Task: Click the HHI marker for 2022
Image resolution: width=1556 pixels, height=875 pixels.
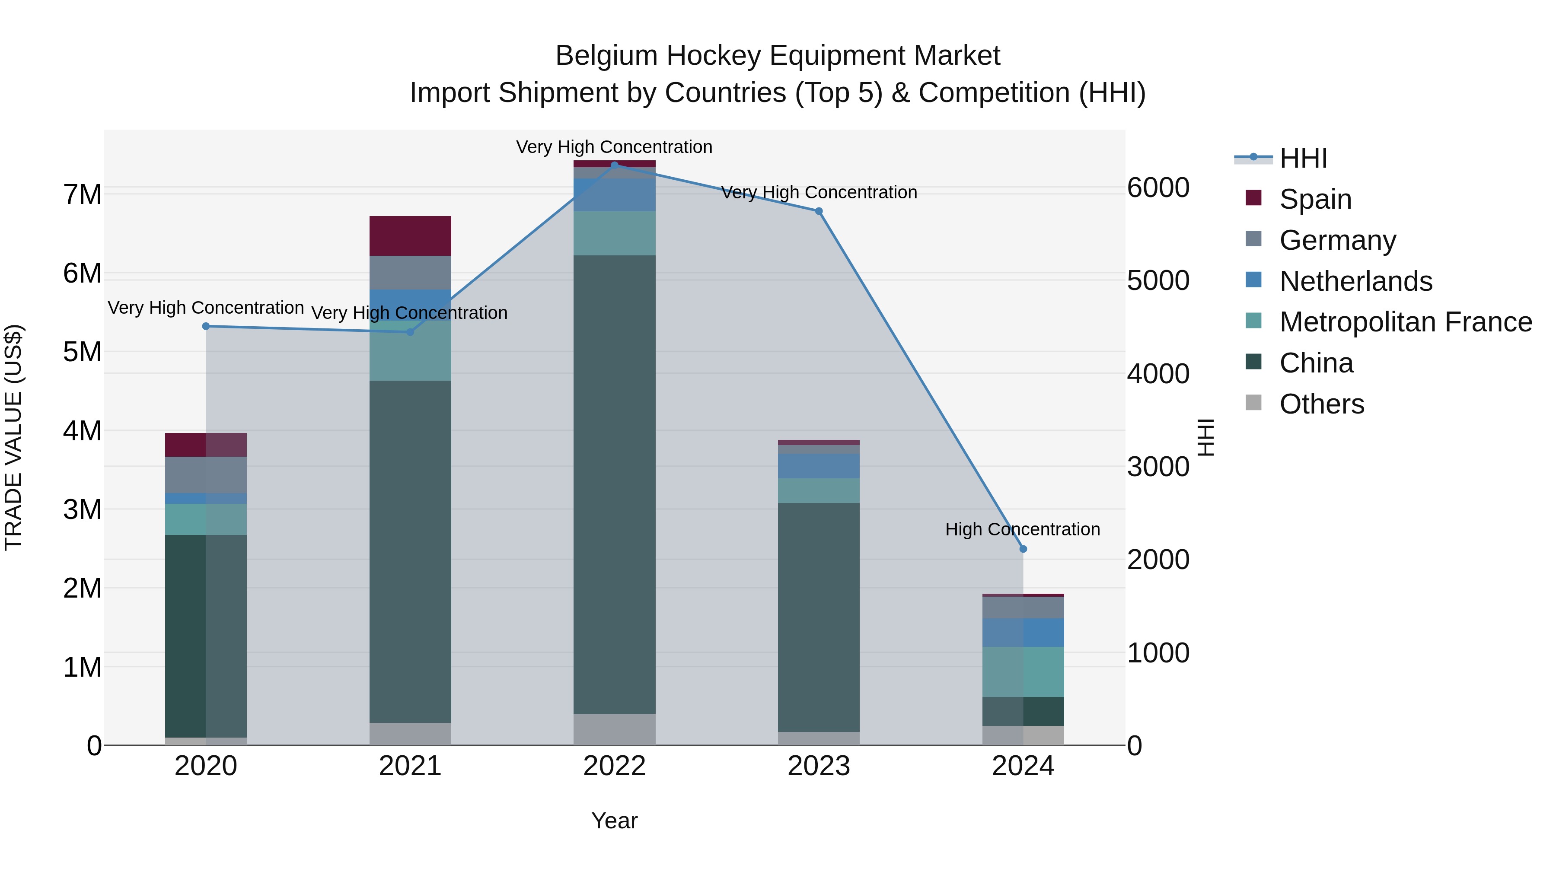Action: tap(614, 165)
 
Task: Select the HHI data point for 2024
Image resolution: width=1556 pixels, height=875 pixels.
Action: tap(1023, 549)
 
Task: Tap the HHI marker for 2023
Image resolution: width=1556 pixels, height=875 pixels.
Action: tap(819, 211)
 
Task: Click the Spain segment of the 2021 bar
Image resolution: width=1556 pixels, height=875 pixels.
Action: tap(410, 236)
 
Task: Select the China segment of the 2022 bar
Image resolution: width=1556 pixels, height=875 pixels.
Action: tap(614, 484)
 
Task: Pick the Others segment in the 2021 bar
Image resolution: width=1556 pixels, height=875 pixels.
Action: tap(410, 734)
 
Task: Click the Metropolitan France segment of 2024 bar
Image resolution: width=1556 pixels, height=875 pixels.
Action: tap(1023, 671)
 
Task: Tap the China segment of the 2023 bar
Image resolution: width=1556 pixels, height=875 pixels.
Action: tap(819, 617)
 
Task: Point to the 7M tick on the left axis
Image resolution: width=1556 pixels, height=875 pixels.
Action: tap(83, 195)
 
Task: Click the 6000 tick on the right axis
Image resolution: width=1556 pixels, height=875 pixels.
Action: tap(1158, 188)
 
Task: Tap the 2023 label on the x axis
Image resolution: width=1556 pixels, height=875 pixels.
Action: tap(819, 766)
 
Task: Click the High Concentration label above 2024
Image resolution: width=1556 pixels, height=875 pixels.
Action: tap(1022, 530)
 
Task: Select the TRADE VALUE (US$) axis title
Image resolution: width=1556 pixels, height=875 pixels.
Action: tap(13, 437)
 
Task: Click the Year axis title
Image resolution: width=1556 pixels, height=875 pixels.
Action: tap(614, 821)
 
